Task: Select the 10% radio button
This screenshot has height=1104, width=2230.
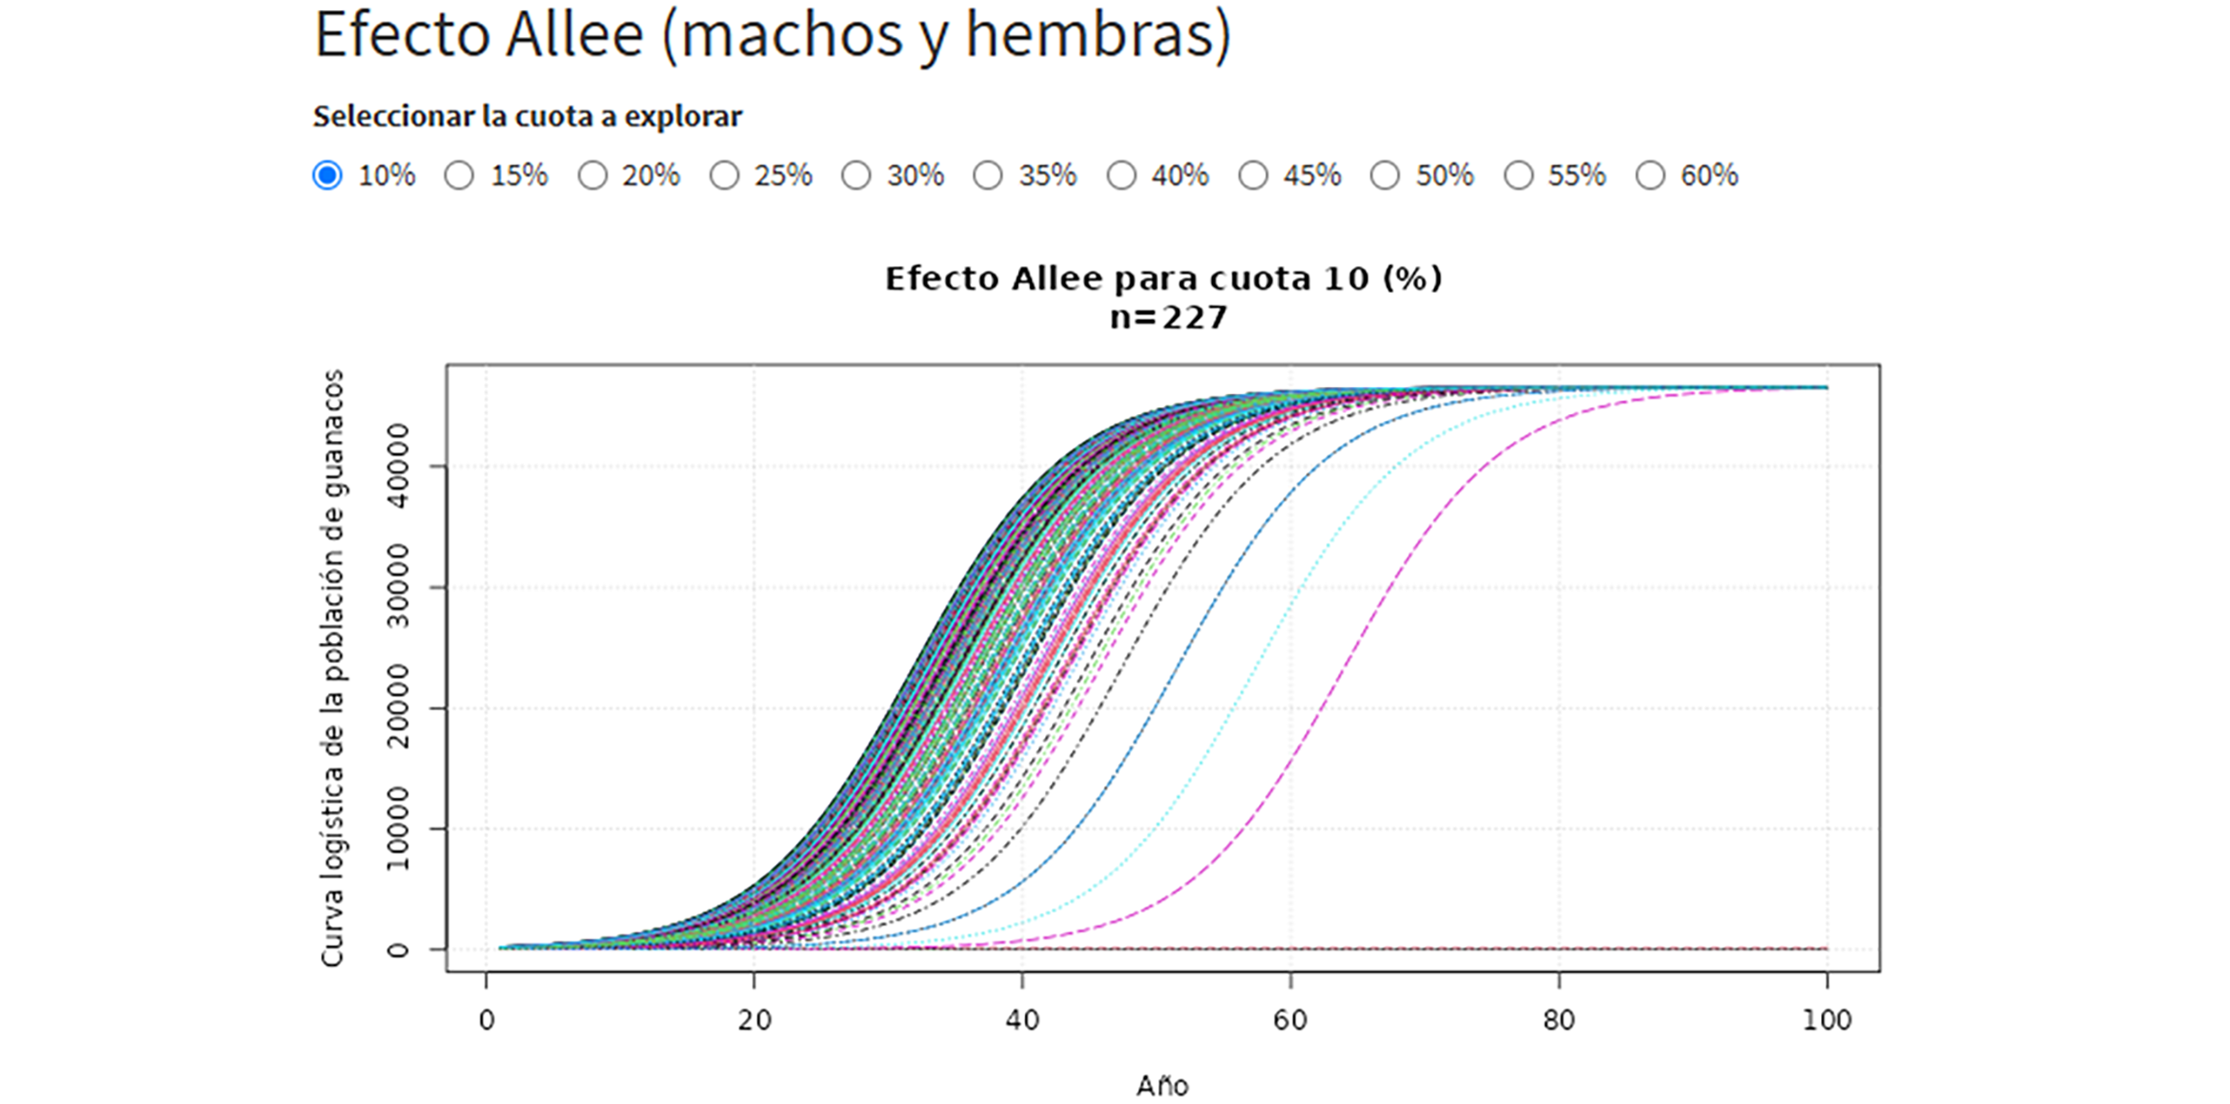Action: click(x=327, y=175)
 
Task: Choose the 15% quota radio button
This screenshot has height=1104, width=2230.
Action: click(x=459, y=175)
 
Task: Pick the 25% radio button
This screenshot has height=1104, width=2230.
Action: click(x=724, y=175)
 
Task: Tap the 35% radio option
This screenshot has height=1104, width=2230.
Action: click(x=988, y=175)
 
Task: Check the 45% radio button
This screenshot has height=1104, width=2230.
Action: click(x=1253, y=175)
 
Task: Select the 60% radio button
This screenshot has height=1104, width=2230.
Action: click(x=1650, y=175)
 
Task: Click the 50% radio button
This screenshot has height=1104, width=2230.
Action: click(x=1385, y=175)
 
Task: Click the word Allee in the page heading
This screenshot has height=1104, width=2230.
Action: click(x=575, y=34)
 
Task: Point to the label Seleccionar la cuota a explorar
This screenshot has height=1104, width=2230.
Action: click(x=527, y=116)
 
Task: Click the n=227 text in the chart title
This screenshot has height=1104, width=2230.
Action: click(x=1168, y=318)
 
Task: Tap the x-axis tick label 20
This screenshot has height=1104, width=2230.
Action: click(x=754, y=1021)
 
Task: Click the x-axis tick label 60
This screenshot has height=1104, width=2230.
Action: click(x=1290, y=1021)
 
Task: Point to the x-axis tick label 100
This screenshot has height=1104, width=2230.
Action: click(x=1827, y=1021)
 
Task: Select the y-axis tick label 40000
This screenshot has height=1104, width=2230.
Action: click(x=397, y=467)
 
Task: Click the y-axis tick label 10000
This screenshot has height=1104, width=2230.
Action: click(x=397, y=829)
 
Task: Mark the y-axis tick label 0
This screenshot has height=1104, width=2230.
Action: click(x=397, y=950)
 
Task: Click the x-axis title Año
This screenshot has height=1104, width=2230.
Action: click(x=1162, y=1085)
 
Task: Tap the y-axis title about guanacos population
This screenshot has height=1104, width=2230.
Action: click(x=332, y=668)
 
